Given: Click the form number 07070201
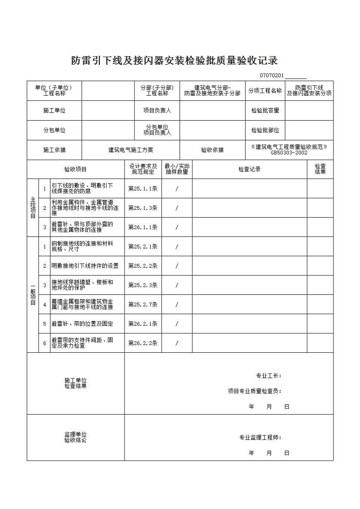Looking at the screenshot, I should (272, 76).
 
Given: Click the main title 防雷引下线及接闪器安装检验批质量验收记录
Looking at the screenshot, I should (174, 61).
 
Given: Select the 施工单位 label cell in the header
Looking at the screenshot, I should (55, 110).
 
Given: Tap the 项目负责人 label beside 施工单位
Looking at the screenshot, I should (157, 110).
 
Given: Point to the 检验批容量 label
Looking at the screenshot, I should (265, 110).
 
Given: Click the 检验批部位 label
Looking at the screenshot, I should (265, 130).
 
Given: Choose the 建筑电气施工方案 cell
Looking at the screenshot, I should (131, 150).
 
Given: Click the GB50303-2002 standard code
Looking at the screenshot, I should (289, 152).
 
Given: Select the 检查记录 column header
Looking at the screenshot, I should (250, 169).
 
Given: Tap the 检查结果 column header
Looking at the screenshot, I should (320, 169).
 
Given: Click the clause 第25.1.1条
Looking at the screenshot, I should (143, 188).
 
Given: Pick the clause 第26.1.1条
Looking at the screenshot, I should (143, 227).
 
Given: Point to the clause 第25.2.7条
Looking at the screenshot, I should (143, 304).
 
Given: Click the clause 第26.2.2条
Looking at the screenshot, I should (143, 343).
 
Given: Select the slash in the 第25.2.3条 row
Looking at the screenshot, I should (177, 285).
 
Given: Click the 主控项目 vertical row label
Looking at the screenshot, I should (33, 208).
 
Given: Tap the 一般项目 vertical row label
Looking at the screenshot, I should (33, 295).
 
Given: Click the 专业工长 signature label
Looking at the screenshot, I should (269, 376).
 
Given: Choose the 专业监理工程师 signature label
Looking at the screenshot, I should (260, 438).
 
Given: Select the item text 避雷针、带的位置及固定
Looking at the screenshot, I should (82, 324).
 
